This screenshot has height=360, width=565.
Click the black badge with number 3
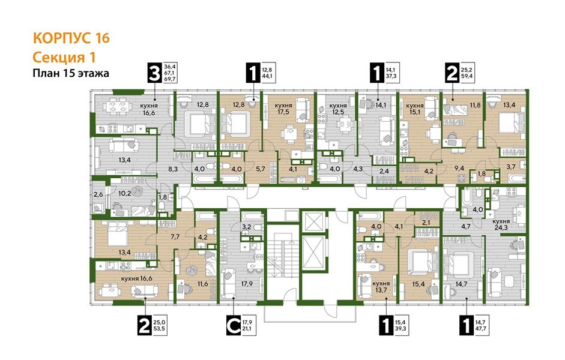click(x=155, y=74)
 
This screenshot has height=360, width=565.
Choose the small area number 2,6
click(x=98, y=193)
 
